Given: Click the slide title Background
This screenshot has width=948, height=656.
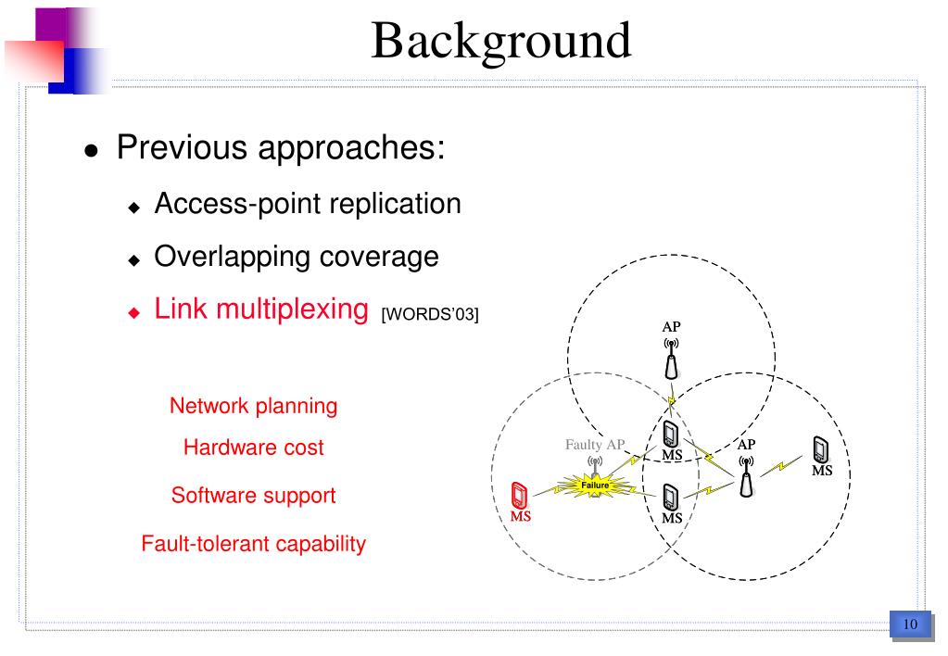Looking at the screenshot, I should (x=500, y=41).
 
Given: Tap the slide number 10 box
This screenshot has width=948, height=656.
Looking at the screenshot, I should (x=909, y=624).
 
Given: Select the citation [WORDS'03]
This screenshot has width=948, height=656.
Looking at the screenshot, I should (x=430, y=315).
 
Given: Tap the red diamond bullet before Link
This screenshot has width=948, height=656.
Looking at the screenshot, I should (x=133, y=312).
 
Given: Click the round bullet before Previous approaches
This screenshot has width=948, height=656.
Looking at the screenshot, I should (x=91, y=151).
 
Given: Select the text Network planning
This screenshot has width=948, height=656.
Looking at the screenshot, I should (x=253, y=406).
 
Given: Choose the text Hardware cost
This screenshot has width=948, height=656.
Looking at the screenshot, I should (x=253, y=448).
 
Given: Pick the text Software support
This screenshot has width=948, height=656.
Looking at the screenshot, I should (x=253, y=496).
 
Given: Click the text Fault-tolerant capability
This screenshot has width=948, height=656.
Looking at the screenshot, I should (x=253, y=544).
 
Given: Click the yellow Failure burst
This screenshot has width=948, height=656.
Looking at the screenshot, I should (x=594, y=485).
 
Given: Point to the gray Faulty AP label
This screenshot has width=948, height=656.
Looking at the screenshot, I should (x=595, y=445).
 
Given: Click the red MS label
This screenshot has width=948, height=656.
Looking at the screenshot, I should (x=521, y=517).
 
